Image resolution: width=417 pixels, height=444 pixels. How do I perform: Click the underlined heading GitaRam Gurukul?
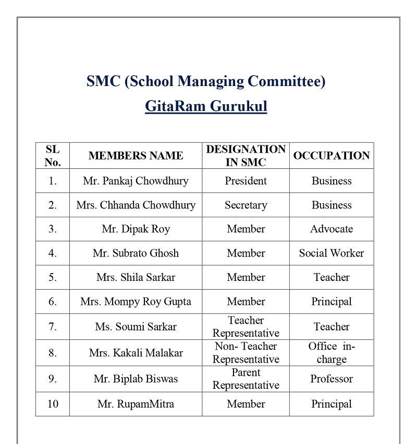coord(206,107)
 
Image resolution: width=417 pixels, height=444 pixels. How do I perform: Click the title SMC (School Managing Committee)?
coord(206,81)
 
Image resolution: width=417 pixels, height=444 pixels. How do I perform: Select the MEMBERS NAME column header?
coord(136,156)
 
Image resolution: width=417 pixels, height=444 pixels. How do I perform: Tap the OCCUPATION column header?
coord(332,156)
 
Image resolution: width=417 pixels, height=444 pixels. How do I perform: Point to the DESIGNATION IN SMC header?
coord(246,156)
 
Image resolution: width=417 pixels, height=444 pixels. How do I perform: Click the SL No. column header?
coord(53,156)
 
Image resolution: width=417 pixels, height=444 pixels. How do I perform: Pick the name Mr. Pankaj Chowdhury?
coord(136,181)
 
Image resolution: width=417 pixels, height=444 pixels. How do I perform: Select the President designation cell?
coord(246,181)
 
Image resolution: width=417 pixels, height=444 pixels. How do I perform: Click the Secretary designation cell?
coord(246,205)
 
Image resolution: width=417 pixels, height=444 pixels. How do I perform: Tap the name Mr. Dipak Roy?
coord(136,229)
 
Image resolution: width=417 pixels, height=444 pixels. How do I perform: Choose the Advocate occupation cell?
coord(332,229)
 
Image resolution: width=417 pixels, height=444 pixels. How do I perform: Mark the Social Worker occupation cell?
coord(332,253)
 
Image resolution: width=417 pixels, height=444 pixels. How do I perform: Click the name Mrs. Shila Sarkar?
coord(136,277)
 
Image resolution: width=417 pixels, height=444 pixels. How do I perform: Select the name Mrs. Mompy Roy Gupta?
coord(136,301)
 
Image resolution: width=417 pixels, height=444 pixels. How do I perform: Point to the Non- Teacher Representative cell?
coord(246,353)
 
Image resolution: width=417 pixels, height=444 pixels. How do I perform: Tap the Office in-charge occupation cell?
coord(332,353)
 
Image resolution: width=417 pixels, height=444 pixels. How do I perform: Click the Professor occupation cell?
coord(332,379)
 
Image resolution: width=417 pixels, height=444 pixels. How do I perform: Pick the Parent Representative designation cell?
coord(246,379)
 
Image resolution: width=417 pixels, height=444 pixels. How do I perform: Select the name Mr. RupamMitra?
coord(136,404)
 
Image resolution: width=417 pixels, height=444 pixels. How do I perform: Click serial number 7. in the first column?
coord(53,327)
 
